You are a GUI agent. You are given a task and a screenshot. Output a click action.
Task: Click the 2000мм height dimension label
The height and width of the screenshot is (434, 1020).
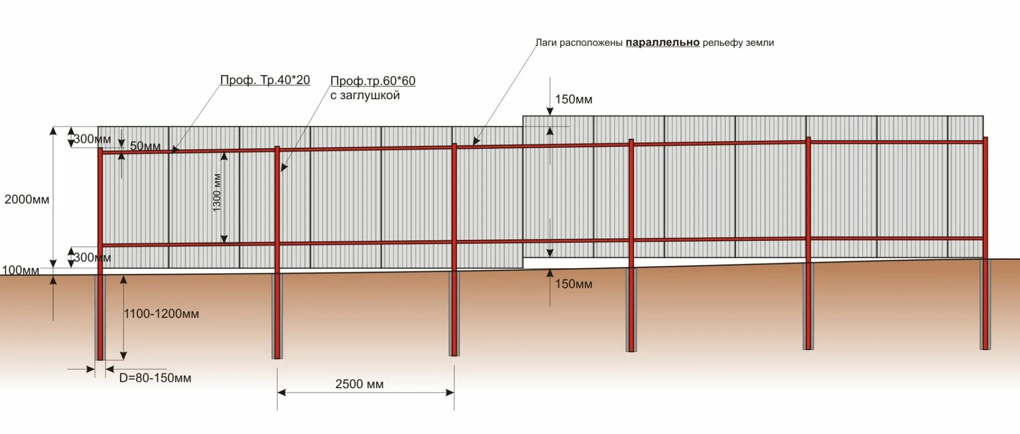(x=27, y=200)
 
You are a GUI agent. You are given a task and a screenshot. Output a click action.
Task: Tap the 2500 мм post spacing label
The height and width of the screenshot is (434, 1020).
(x=359, y=384)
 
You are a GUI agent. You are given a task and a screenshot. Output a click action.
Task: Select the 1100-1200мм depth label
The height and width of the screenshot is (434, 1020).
(x=161, y=314)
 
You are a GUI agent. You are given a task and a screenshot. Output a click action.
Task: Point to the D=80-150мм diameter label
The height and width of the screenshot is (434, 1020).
(x=155, y=378)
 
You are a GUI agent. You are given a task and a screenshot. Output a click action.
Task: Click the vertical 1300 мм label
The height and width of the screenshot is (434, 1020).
(x=217, y=193)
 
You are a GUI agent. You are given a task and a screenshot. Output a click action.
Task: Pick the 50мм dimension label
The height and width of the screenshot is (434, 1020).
(x=145, y=146)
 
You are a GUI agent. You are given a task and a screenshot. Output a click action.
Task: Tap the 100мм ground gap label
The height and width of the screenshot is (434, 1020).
(x=20, y=270)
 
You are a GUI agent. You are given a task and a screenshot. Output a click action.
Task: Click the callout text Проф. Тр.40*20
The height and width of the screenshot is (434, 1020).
(x=265, y=80)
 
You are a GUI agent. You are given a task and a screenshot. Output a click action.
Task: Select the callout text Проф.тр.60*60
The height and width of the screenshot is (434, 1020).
(x=373, y=81)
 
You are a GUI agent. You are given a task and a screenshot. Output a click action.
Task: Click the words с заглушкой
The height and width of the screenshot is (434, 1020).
(x=365, y=95)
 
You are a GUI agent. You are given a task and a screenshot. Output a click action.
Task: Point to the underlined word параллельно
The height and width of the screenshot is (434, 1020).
(x=662, y=43)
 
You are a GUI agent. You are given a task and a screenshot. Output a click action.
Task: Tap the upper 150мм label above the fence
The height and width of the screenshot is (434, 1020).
(x=573, y=100)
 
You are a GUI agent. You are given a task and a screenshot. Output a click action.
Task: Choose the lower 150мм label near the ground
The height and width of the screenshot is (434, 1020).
(x=573, y=284)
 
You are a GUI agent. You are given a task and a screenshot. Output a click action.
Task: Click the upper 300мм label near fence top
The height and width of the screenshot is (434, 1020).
(x=92, y=139)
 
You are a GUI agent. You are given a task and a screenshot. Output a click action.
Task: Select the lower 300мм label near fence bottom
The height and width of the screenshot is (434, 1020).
(x=92, y=257)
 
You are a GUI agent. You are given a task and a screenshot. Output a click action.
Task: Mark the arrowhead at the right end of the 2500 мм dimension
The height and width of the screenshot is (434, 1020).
(x=450, y=392)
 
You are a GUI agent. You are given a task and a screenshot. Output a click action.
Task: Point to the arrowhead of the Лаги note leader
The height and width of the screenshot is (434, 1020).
(x=476, y=142)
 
